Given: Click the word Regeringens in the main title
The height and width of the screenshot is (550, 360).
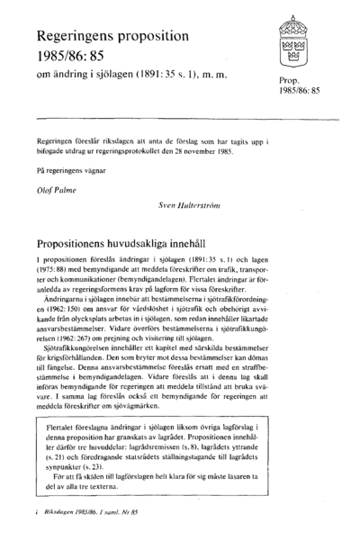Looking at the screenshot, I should (81, 38).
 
